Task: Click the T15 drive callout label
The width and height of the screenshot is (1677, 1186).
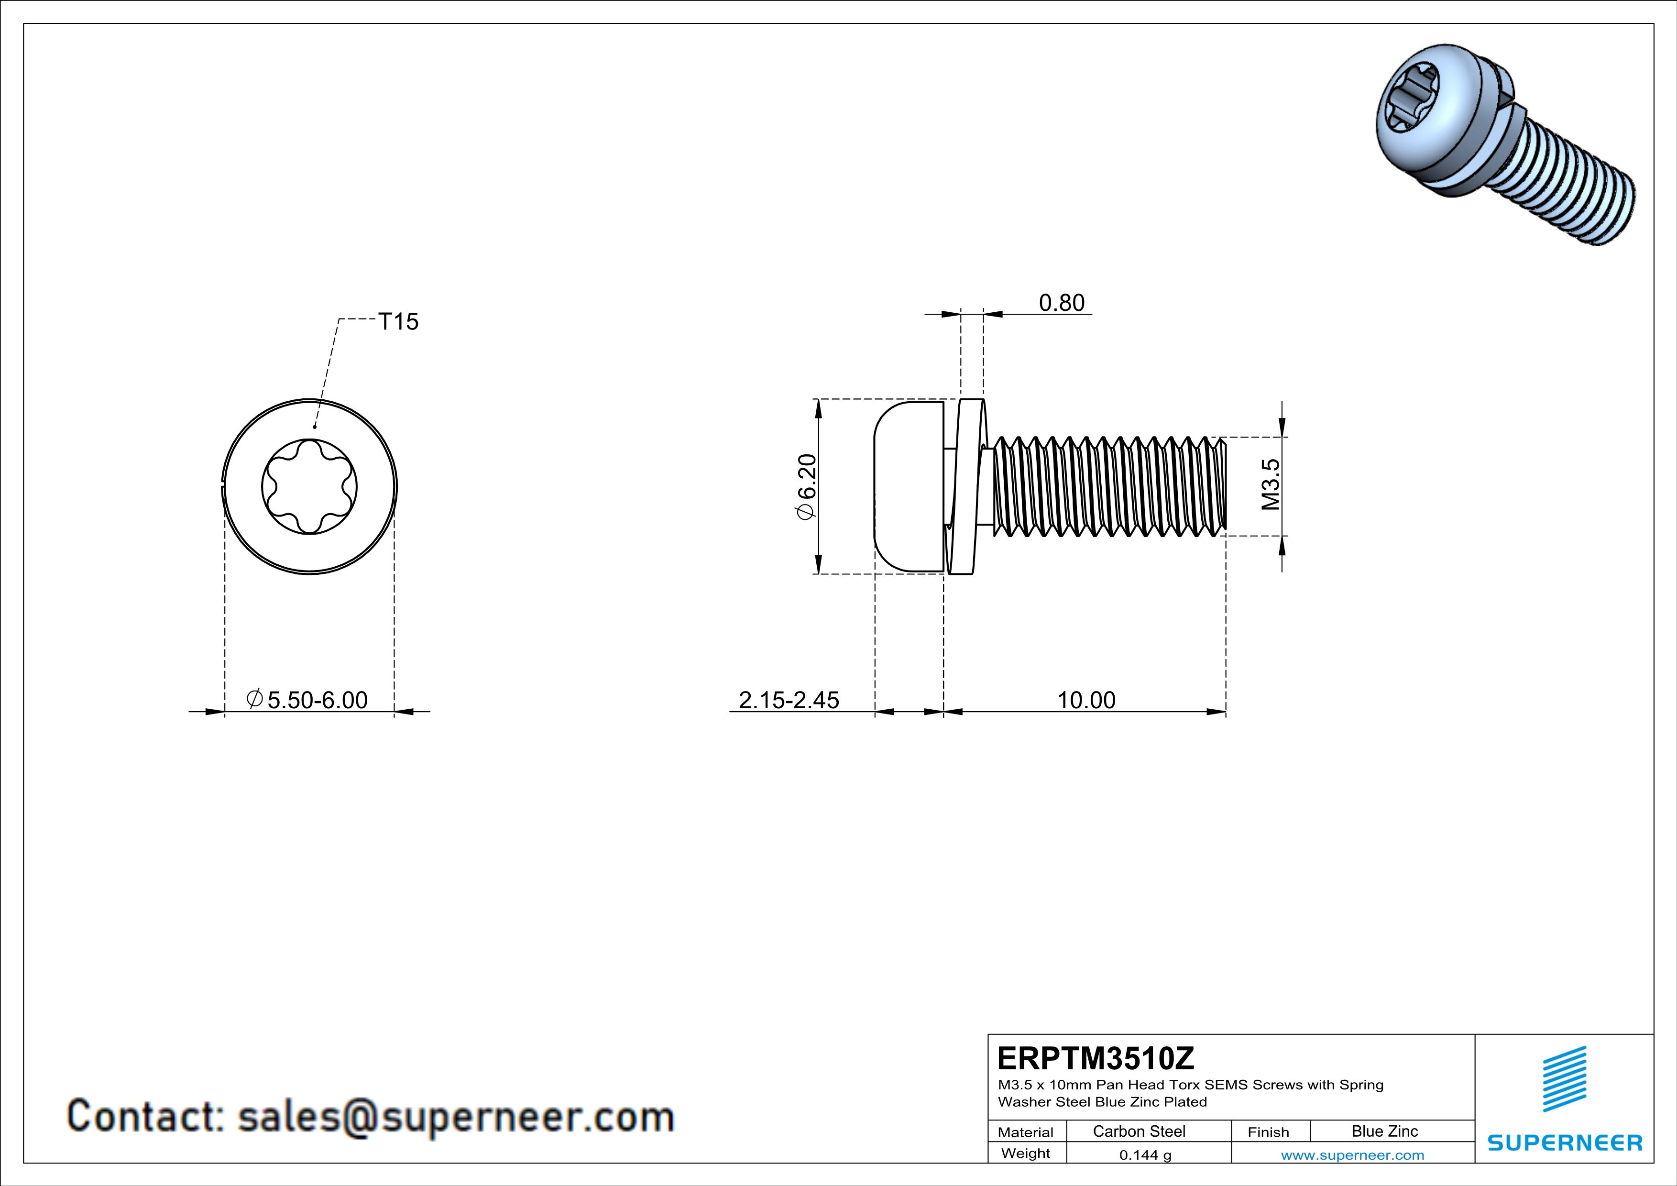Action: coord(398,321)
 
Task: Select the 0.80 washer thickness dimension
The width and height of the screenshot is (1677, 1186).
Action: coord(1061,302)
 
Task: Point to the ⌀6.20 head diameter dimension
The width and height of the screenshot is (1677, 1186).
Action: coord(806,487)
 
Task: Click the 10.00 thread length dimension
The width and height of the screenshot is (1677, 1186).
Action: coord(1086,700)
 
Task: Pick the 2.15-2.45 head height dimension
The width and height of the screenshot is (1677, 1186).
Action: coord(789,700)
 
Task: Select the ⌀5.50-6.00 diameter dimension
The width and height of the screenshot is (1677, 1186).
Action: coord(307,700)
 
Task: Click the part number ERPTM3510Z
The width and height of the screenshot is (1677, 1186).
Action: coord(1096,1058)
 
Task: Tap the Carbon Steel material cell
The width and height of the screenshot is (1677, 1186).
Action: coord(1139,1131)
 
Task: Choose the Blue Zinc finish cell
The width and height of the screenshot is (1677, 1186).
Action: coord(1384,1131)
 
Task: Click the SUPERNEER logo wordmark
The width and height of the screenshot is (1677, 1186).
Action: coord(1565,1143)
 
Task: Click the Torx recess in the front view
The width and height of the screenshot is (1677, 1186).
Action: coord(310,486)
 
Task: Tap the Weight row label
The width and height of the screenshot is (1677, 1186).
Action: coord(1026,1153)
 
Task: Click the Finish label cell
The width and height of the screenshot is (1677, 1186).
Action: coord(1268,1132)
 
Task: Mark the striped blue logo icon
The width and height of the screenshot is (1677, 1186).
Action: coord(1565,1079)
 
